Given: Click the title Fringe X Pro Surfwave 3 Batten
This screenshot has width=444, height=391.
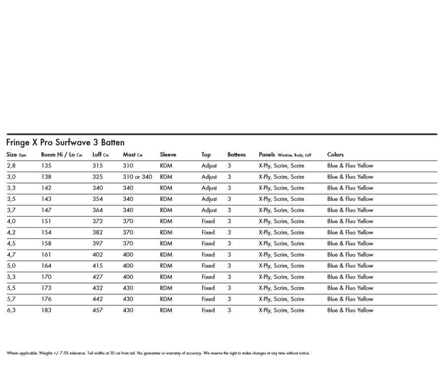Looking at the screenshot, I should coord(65,143).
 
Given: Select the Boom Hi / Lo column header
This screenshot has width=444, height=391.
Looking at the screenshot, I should coord(62,155).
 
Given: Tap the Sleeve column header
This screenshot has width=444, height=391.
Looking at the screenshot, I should coord(168,155).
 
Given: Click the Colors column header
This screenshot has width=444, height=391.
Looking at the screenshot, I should coord(335,155).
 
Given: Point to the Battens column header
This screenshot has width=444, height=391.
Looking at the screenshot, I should coord(236,155).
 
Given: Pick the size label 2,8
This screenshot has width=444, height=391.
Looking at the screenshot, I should coord(11,166).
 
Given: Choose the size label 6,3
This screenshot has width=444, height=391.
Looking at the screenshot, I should coord(11,310).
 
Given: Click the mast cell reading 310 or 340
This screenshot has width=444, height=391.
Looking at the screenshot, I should coord(137,177).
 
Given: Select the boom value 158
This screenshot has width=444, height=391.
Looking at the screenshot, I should coord(46,243).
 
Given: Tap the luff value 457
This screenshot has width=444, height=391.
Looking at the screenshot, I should coord(98,310).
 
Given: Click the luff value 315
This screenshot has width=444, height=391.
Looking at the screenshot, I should coord(98,166).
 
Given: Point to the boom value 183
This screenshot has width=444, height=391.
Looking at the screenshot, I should coord(46,310).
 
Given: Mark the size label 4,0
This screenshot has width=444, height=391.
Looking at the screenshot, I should coord(11,221).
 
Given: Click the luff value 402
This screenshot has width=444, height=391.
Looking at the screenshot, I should coord(98,255).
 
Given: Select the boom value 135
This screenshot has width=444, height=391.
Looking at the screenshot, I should coord(46,166).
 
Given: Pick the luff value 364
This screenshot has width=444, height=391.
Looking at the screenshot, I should coord(98,210).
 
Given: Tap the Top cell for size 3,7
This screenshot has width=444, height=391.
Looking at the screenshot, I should coord(209,210).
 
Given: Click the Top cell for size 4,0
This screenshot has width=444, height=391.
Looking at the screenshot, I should coord(208,221).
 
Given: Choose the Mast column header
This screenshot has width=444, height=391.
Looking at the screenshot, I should coord(132,155).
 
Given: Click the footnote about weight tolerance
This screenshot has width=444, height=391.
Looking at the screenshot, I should coord(158,353).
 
